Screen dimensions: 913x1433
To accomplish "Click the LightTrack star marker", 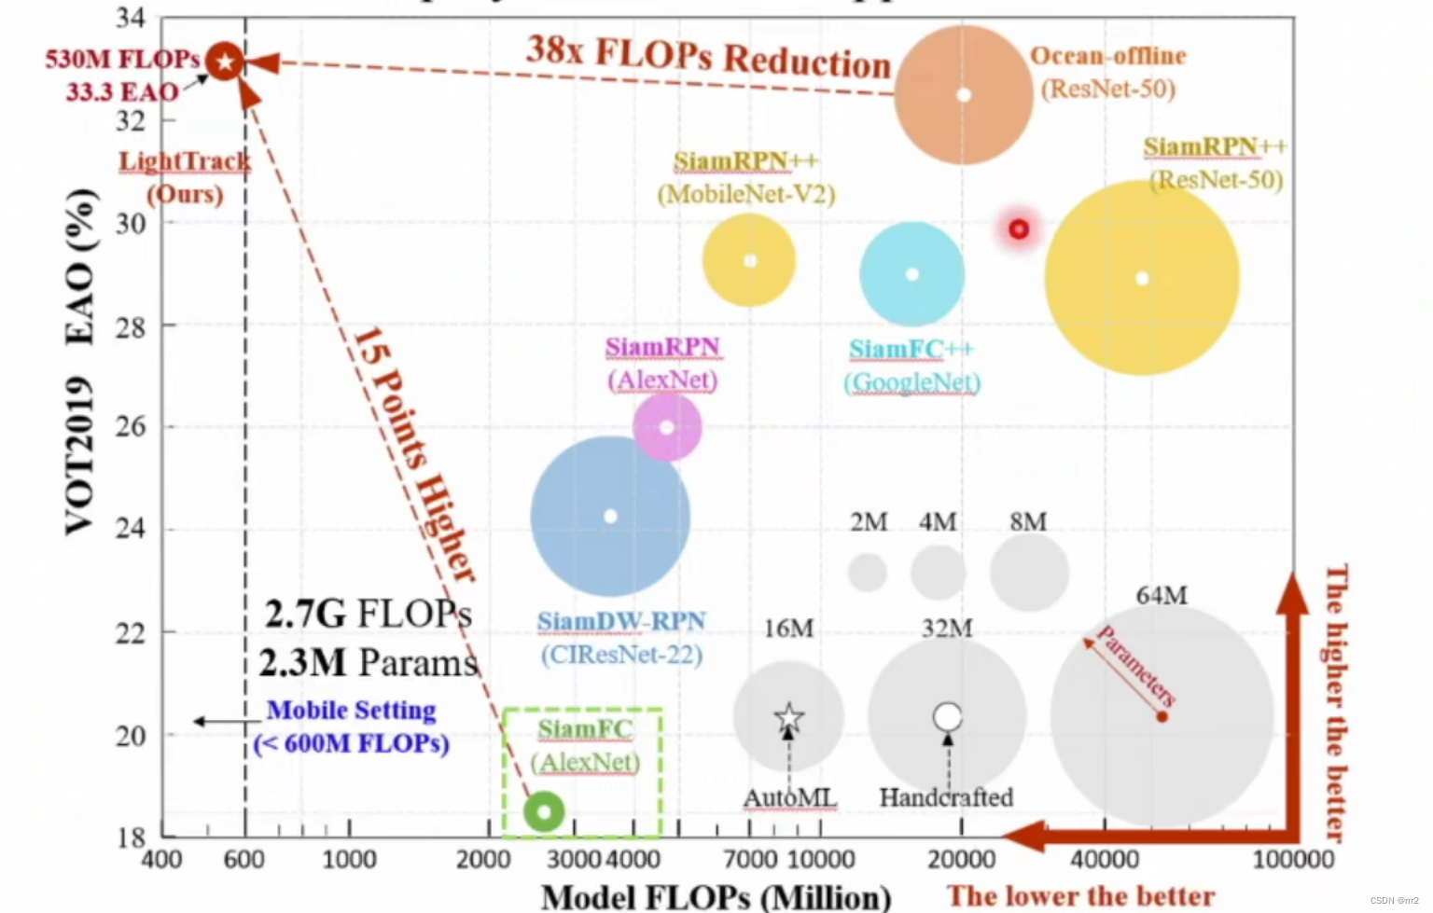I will pyautogui.click(x=224, y=62).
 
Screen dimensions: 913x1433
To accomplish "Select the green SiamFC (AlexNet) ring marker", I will pyautogui.click(x=544, y=811).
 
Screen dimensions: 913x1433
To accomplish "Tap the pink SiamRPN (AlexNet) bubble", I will pyautogui.click(x=667, y=427).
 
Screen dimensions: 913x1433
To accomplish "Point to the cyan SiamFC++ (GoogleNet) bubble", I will pyautogui.click(x=911, y=274).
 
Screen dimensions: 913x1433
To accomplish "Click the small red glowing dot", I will pyautogui.click(x=1019, y=228).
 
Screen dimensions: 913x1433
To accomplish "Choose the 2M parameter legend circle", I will pyautogui.click(x=868, y=572).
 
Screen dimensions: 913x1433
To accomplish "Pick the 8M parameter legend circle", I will pyautogui.click(x=1029, y=572).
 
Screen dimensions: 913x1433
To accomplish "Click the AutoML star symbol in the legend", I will pyautogui.click(x=789, y=717).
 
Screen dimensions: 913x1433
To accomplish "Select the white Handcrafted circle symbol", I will pyautogui.click(x=948, y=716).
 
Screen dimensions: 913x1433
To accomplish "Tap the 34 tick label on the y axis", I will pyautogui.click(x=131, y=18).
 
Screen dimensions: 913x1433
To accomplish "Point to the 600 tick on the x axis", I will pyautogui.click(x=244, y=859).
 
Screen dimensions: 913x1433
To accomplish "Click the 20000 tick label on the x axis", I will pyautogui.click(x=962, y=859).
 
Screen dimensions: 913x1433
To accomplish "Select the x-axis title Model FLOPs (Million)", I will pyautogui.click(x=716, y=896).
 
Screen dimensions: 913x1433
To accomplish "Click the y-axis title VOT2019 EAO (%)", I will pyautogui.click(x=80, y=362).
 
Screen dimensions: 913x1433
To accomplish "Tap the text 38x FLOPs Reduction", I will pyautogui.click(x=708, y=56).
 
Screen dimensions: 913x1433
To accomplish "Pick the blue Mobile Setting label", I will pyautogui.click(x=351, y=711).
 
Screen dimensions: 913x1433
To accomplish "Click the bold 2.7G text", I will pyautogui.click(x=305, y=615).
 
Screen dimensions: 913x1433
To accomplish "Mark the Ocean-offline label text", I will pyautogui.click(x=1107, y=56).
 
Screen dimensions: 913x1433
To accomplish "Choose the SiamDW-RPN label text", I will pyautogui.click(x=621, y=621).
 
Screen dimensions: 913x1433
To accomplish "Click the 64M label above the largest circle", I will pyautogui.click(x=1162, y=595).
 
